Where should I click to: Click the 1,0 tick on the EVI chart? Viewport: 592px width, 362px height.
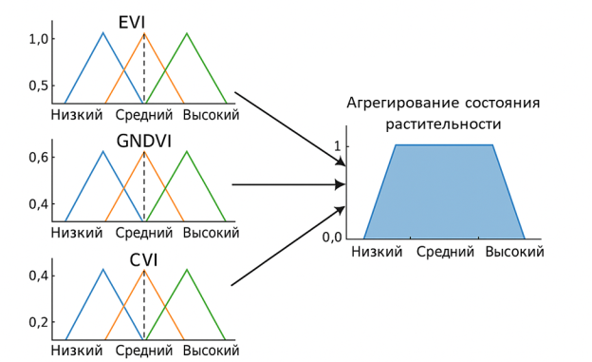pos(38,39)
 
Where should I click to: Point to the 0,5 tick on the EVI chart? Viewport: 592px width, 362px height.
pos(38,86)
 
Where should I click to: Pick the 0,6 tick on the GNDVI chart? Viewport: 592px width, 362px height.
pos(38,157)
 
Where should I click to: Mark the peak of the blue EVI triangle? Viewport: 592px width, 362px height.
pos(102,33)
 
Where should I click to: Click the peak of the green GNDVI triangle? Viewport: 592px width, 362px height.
pos(186,152)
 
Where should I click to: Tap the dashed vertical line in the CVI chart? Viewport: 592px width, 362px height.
pos(144,304)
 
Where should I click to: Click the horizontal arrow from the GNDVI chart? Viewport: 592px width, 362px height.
pos(285,185)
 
